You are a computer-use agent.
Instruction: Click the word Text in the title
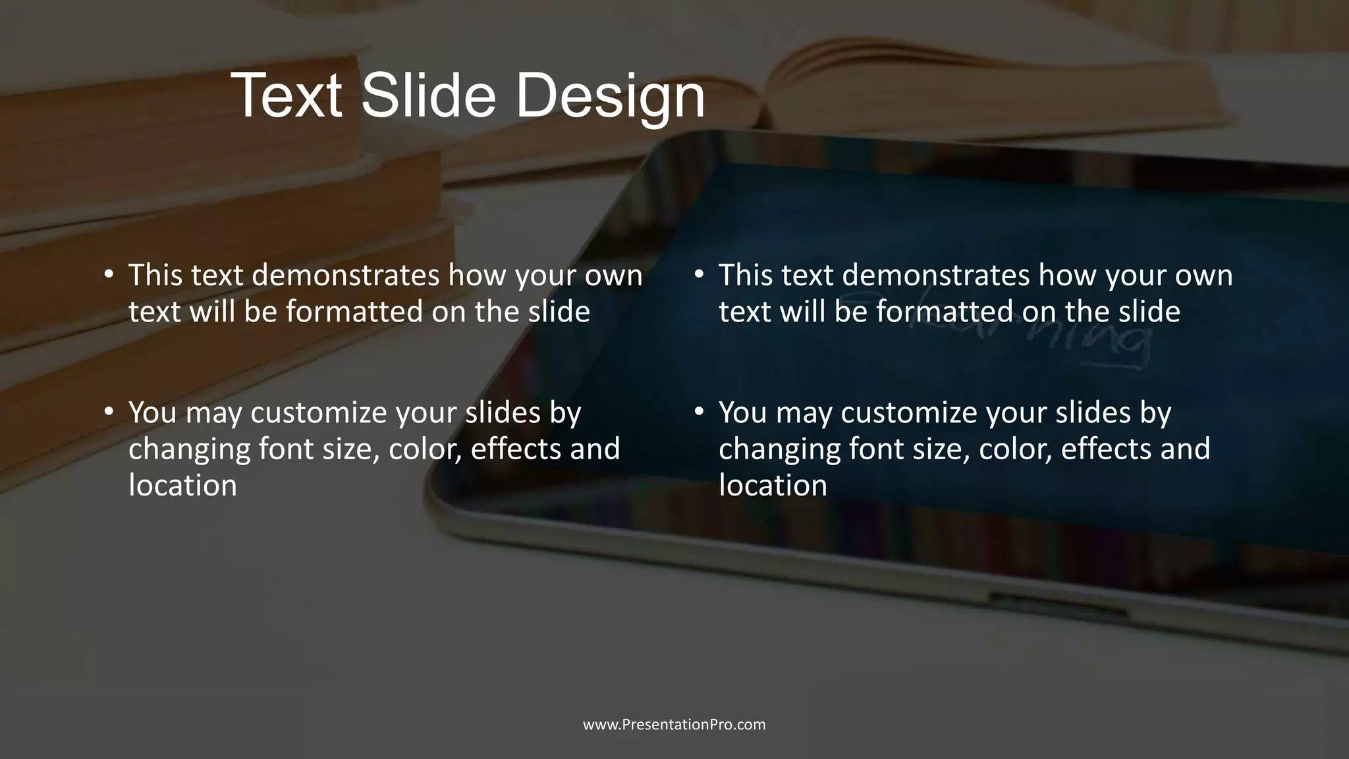[x=287, y=96]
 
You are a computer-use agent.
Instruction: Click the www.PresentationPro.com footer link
[x=674, y=725]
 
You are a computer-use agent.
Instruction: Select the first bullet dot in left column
[x=109, y=273]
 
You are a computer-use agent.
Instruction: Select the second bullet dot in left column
[x=109, y=411]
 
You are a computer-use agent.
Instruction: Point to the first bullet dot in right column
[x=699, y=273]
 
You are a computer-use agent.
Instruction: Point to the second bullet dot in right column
[x=699, y=411]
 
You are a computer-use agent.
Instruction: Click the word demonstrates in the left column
[x=345, y=275]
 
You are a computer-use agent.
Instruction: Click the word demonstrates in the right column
[x=935, y=275]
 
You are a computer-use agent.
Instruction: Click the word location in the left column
[x=182, y=486]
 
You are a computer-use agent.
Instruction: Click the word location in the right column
[x=773, y=486]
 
